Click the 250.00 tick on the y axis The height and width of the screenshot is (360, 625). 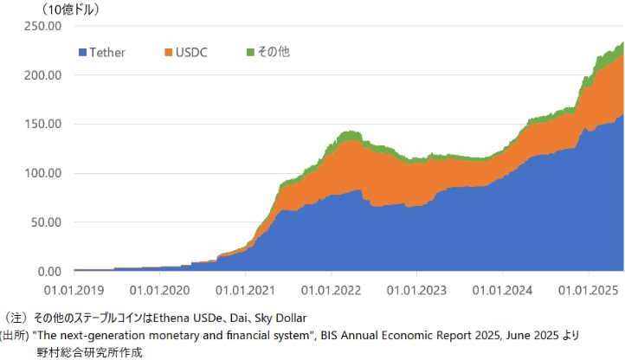point(42,26)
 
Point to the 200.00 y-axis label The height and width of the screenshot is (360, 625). point(42,75)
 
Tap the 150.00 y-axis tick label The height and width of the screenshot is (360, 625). point(42,124)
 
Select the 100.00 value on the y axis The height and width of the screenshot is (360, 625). point(42,173)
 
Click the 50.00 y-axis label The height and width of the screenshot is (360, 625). point(46,222)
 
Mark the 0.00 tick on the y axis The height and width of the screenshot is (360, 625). point(49,271)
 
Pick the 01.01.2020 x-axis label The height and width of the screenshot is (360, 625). point(160,290)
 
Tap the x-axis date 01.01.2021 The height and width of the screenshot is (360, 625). point(246,290)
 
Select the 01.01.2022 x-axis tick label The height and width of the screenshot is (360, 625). point(332,290)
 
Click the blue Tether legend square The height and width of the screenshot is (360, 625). point(83,53)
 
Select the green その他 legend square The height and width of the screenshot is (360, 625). point(252,53)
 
